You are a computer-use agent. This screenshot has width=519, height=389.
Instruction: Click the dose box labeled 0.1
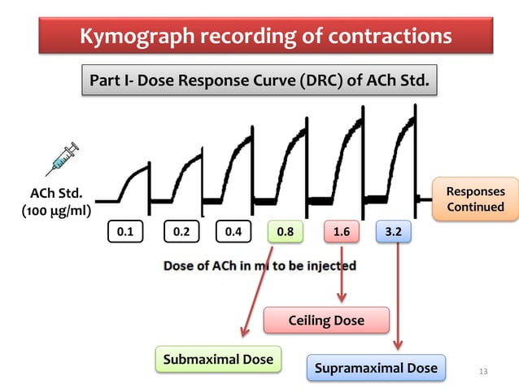pyautogui.click(x=125, y=231)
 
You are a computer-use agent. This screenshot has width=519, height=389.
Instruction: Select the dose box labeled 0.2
pyautogui.click(x=181, y=231)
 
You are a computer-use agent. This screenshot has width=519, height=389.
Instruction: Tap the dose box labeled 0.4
pyautogui.click(x=233, y=231)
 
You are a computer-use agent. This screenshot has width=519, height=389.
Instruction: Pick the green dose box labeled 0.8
pyautogui.click(x=286, y=231)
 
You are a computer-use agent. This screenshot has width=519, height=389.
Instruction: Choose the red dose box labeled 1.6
pyautogui.click(x=342, y=231)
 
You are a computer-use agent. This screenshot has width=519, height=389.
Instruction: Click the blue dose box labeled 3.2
pyautogui.click(x=394, y=231)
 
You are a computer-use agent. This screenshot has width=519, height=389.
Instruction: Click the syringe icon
pyautogui.click(x=63, y=160)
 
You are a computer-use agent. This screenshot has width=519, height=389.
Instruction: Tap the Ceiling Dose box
pyautogui.click(x=326, y=320)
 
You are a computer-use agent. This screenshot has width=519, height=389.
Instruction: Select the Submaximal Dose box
pyautogui.click(x=219, y=359)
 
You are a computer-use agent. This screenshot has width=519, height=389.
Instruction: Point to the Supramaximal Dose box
pyautogui.click(x=376, y=368)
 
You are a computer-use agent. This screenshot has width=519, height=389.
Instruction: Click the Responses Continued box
pyautogui.click(x=476, y=199)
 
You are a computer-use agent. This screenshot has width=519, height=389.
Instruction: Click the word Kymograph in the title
pyautogui.click(x=137, y=36)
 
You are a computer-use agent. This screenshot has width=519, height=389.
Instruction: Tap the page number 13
pyautogui.click(x=483, y=371)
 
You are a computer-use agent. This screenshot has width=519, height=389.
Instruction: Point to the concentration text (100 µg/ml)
pyautogui.click(x=56, y=211)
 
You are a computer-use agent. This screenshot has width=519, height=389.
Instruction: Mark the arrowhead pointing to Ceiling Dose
pyautogui.click(x=342, y=297)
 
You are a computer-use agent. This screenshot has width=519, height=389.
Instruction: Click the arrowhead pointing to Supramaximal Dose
pyautogui.click(x=398, y=344)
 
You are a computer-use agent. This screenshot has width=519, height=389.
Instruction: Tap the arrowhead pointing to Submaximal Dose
pyautogui.click(x=245, y=331)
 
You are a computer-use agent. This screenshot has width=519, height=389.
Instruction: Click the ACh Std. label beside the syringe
pyautogui.click(x=56, y=194)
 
